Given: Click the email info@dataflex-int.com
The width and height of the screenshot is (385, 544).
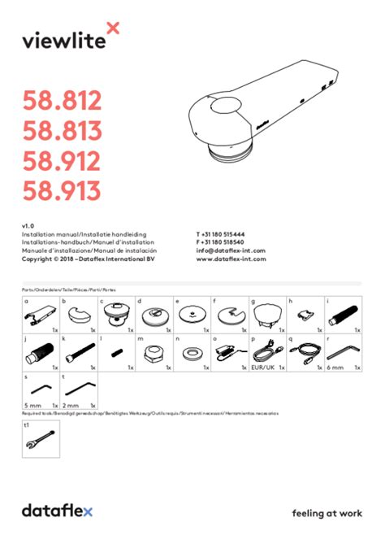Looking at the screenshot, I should click(231, 250).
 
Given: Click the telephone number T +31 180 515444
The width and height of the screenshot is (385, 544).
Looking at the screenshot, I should click(226, 233).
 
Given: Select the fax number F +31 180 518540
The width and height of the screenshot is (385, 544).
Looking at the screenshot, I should click(226, 242).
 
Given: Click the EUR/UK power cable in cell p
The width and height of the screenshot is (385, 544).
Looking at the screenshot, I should click(267, 352).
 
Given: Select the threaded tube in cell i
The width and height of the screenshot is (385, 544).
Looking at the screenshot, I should click(343, 314).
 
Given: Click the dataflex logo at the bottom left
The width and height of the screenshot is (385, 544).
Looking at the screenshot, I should click(57, 511).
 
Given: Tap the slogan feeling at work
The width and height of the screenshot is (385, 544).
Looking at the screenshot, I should click(327, 512).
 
